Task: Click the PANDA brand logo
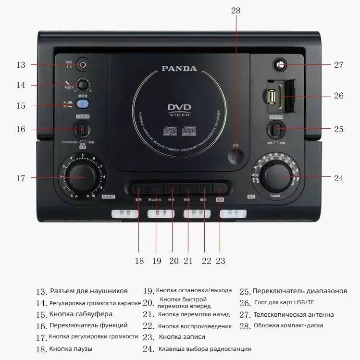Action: click(x=179, y=69)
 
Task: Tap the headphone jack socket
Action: click(x=85, y=64)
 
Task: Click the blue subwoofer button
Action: click(x=84, y=104)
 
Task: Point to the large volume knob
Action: click(x=78, y=177)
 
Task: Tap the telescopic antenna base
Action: click(x=279, y=64)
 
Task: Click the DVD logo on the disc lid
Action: click(x=180, y=108)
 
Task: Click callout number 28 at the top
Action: click(x=236, y=10)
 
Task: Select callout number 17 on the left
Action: click(x=20, y=178)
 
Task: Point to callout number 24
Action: click(x=339, y=178)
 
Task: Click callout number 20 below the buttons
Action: click(x=174, y=261)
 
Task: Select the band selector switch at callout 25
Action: click(x=275, y=129)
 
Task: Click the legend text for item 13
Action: click(x=89, y=291)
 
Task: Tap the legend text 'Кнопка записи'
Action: click(x=182, y=337)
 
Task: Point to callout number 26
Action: click(x=339, y=96)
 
